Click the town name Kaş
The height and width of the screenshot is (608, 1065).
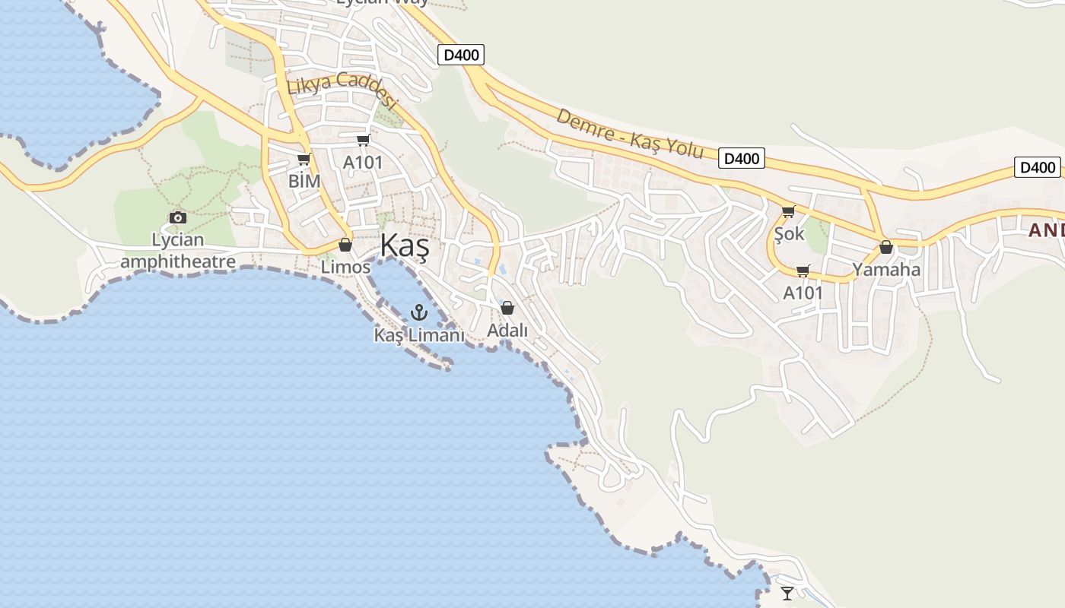tap(404, 247)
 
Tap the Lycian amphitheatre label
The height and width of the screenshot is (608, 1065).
tap(178, 251)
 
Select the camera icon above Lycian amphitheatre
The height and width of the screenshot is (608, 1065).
tap(178, 217)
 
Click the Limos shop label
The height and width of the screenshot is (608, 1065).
tap(345, 267)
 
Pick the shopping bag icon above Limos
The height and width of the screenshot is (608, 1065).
tap(345, 245)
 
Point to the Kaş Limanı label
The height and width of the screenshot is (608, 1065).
tap(418, 334)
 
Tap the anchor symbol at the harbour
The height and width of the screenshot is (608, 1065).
tap(418, 312)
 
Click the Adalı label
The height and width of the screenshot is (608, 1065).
tap(507, 331)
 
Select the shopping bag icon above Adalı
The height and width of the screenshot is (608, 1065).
tap(507, 308)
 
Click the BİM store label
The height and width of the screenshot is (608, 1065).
tap(304, 181)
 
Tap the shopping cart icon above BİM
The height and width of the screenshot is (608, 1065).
tap(304, 159)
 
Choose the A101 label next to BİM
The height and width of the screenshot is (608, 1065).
tap(363, 163)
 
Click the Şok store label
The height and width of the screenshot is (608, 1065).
tap(789, 233)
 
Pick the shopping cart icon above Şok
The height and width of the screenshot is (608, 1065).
tap(789, 211)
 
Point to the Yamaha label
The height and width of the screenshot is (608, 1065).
tap(886, 269)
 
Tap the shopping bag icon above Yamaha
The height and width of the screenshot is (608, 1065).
tap(886, 247)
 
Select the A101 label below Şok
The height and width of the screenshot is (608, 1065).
tap(803, 293)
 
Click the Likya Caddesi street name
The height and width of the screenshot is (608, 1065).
tap(342, 90)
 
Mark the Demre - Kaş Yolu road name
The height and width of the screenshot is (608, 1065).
tap(630, 133)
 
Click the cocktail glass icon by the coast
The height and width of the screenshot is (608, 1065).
tap(787, 593)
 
